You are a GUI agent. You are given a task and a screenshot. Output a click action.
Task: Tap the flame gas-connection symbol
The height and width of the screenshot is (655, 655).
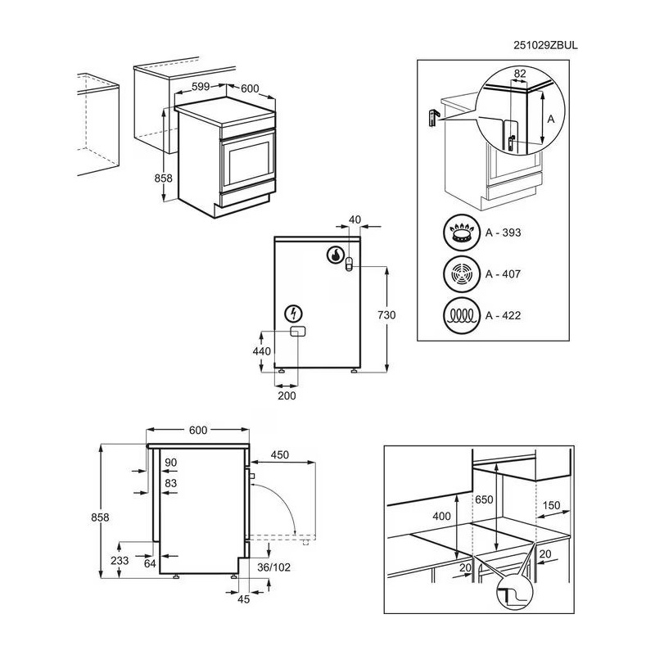[336, 255]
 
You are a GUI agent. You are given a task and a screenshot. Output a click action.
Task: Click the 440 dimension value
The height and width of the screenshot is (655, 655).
[261, 350]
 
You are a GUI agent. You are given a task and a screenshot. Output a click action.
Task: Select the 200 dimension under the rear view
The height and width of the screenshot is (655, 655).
[287, 395]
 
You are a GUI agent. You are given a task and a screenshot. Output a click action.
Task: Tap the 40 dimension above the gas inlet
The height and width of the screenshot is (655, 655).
[354, 219]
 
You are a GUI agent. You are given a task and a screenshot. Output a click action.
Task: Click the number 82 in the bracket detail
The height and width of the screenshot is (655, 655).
[518, 74]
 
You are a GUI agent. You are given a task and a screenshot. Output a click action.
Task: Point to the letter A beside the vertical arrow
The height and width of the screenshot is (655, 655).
[551, 119]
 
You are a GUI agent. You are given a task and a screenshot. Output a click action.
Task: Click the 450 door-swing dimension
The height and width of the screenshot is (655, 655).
[280, 455]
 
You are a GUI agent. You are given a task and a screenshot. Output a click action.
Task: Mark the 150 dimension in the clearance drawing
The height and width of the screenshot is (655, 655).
[552, 506]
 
